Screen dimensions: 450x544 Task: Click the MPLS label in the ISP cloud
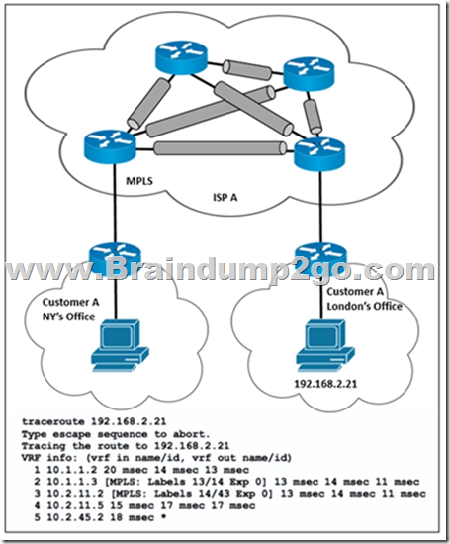139,181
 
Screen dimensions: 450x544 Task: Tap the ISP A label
225,198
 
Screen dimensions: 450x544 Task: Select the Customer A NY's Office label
70,310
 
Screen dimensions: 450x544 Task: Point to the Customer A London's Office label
364,299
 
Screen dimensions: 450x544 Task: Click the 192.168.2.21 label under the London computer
325,384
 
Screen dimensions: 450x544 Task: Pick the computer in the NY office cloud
120,346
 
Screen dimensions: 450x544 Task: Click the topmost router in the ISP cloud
181,57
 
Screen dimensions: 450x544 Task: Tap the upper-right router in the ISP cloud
310,74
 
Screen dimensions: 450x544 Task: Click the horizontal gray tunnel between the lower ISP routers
220,148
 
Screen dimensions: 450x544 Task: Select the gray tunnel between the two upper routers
246,69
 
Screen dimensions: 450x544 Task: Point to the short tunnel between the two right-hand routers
312,117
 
